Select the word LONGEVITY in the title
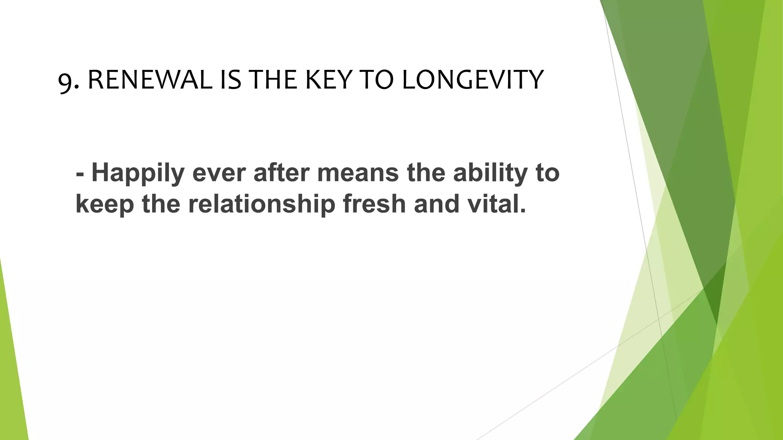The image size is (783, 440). click(x=472, y=80)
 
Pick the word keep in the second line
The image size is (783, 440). click(x=105, y=205)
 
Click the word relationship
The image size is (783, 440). click(x=262, y=205)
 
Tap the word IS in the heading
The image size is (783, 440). click(x=231, y=80)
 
